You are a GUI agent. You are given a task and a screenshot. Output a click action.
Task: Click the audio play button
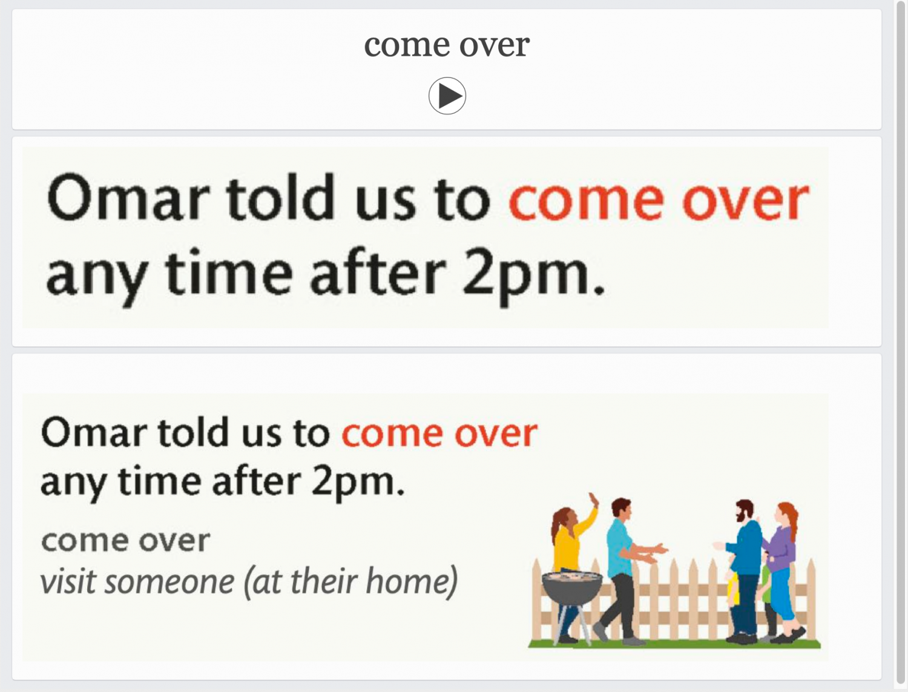[447, 96]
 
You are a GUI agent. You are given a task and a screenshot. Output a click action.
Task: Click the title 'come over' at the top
[446, 45]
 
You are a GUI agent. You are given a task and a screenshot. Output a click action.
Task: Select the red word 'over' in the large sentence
[745, 200]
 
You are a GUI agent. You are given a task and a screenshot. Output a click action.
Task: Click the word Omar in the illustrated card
[94, 432]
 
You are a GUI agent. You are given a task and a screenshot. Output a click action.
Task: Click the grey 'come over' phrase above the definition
[126, 541]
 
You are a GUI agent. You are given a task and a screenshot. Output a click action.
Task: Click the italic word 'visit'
[68, 581]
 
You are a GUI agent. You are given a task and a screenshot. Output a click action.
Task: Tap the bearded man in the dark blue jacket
[743, 571]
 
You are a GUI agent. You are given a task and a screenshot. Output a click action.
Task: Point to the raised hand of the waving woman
[594, 499]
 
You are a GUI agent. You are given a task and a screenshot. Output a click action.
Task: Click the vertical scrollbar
[901, 343]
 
